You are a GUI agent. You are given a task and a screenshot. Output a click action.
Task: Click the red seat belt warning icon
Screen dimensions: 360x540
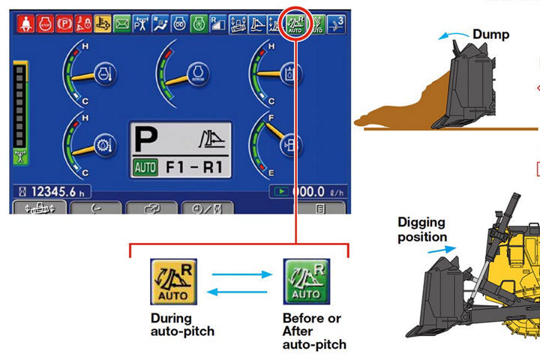coord(22,24)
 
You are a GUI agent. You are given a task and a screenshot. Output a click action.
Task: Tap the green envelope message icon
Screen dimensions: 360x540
coord(120,24)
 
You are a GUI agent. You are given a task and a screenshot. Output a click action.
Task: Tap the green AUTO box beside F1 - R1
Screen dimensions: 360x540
coord(145,166)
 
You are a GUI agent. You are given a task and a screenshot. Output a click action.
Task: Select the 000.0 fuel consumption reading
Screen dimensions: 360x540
coord(311,192)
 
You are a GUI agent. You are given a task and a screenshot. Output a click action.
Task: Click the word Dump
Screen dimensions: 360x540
coord(491,34)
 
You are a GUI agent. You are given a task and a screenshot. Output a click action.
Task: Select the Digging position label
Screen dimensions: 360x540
coord(421,229)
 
